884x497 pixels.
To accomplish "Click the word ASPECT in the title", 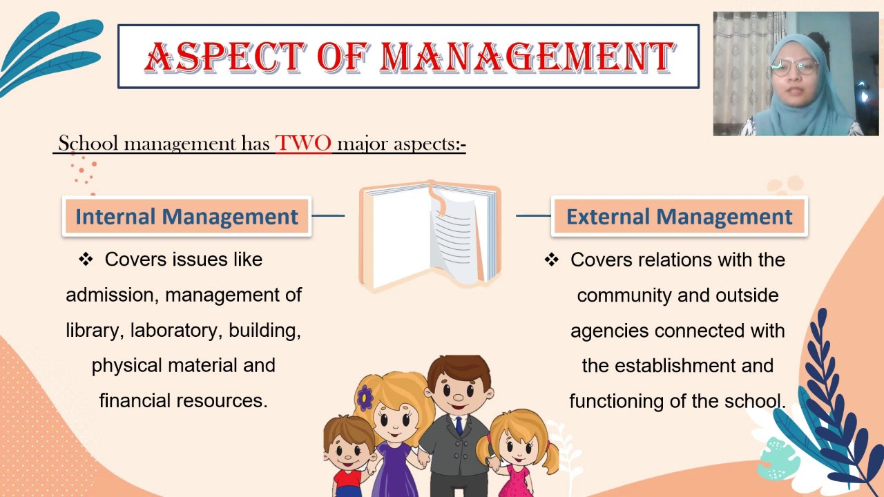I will click(x=224, y=57).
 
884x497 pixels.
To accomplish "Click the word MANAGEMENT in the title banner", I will click(x=527, y=57).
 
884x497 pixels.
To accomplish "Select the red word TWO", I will click(x=303, y=144).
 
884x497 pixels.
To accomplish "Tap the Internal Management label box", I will click(x=186, y=217).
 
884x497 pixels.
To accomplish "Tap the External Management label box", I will click(x=679, y=217).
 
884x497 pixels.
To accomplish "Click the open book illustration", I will click(x=430, y=235).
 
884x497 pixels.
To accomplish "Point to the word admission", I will click(x=112, y=295).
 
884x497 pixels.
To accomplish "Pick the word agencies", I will click(x=610, y=331).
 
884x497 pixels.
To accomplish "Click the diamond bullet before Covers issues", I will click(x=86, y=260).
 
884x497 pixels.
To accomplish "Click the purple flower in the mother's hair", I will click(x=365, y=397).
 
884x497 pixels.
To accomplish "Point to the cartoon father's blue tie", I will click(x=459, y=425).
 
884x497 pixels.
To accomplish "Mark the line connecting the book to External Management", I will click(x=533, y=216).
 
